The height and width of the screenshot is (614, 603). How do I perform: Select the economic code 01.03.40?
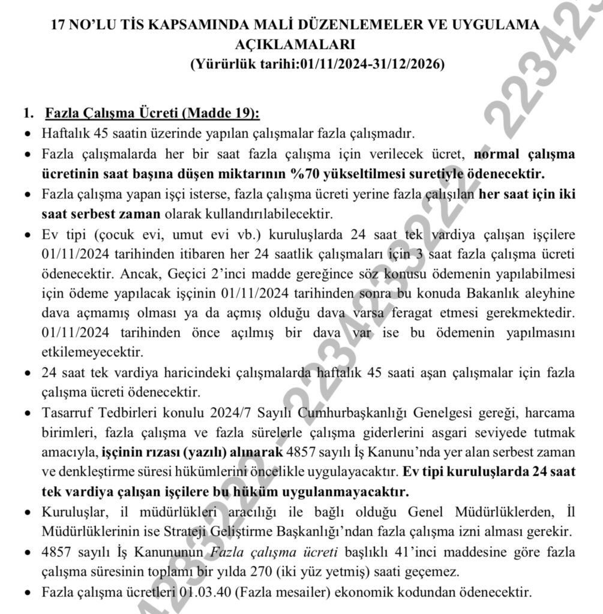205,592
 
